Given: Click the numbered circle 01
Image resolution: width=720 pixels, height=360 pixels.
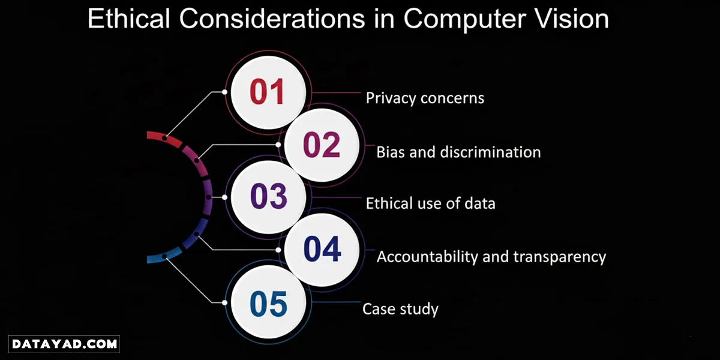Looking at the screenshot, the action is (268, 92).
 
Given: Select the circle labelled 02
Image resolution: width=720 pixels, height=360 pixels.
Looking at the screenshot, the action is (322, 145).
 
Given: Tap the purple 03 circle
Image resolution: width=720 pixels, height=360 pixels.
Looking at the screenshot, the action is (268, 197).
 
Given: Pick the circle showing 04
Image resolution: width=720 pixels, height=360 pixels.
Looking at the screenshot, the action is (322, 250).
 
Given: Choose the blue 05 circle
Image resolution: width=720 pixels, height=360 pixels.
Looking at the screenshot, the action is (268, 302).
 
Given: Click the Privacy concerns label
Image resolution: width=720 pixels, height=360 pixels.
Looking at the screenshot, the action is (425, 98).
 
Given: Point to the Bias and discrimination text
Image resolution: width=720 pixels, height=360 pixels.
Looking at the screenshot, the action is (458, 152).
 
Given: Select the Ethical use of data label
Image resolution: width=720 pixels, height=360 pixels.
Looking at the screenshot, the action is (430, 203).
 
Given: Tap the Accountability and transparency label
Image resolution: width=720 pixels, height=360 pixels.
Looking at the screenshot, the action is (491, 257).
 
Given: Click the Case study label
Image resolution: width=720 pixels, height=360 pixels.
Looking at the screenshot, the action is (400, 309).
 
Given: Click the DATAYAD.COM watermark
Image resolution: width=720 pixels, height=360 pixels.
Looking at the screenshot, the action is (64, 344).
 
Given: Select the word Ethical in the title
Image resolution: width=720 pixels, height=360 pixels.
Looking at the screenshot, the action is (128, 19).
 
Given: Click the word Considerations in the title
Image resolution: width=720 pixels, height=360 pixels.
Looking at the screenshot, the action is (272, 19).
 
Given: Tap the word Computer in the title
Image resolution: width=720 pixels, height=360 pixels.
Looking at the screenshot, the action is (464, 20).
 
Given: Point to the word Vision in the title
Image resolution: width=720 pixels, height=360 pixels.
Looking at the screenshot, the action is (571, 19).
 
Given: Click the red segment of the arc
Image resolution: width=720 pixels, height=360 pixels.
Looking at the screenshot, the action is (164, 138).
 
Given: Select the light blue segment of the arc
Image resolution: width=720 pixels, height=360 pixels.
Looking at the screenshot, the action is (164, 257).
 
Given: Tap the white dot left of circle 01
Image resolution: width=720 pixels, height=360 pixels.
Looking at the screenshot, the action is (224, 92).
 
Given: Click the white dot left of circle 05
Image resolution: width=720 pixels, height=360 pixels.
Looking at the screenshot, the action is (224, 302).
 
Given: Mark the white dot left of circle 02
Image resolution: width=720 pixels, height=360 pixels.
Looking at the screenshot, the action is (278, 145).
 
